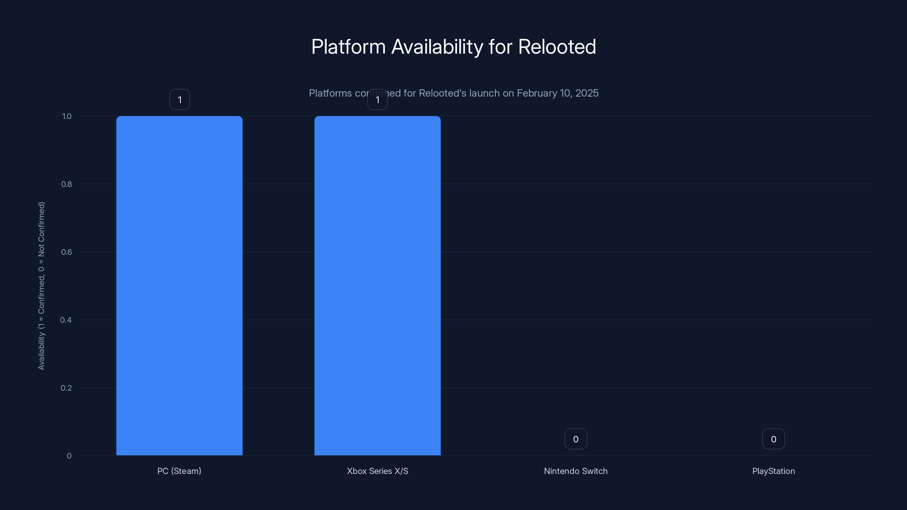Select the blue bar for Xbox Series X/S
(x=378, y=285)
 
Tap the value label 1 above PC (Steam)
(x=180, y=100)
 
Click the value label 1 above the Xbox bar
(x=378, y=100)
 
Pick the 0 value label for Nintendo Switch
(x=576, y=439)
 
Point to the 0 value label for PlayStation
(x=774, y=439)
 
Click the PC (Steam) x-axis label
(x=179, y=471)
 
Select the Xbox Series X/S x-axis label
(x=378, y=471)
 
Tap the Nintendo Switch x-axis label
(x=576, y=471)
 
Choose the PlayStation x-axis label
(x=774, y=471)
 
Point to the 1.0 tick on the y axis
(x=67, y=116)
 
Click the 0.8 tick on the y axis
(x=67, y=184)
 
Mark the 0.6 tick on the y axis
(x=67, y=252)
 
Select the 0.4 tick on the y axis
(x=66, y=320)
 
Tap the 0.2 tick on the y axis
(x=66, y=388)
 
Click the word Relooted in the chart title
(x=557, y=47)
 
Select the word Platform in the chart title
(x=349, y=47)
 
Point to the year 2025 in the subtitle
(x=587, y=93)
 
